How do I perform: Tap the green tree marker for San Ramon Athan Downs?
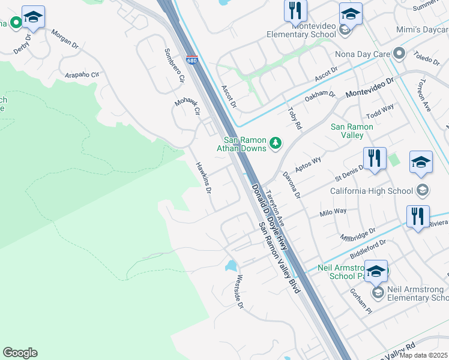click(x=276, y=143)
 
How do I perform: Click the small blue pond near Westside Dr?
click(x=231, y=265)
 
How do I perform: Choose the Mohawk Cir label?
click(x=188, y=106)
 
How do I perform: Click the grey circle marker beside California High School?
click(x=422, y=191)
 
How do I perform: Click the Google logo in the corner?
click(x=20, y=353)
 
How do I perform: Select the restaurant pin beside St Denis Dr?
click(x=375, y=159)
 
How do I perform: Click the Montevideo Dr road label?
click(x=369, y=88)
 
